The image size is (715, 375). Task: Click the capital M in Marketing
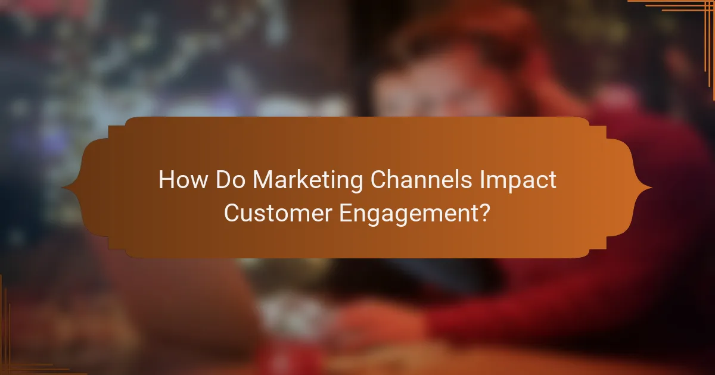click(x=260, y=180)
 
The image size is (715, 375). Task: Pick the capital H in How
click(x=165, y=180)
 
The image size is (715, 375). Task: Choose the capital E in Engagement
click(x=346, y=212)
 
